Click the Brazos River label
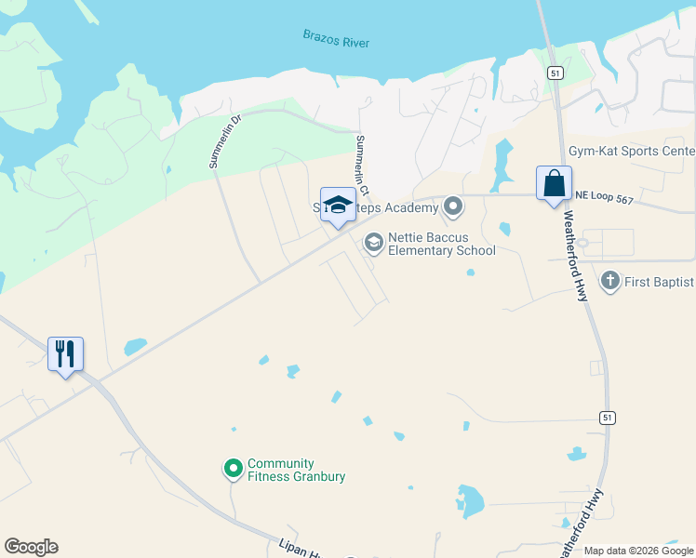[336, 39]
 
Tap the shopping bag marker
[554, 182]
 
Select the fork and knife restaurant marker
[65, 353]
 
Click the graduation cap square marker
[337, 205]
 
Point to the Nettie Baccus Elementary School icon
[374, 244]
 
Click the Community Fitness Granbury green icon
[234, 469]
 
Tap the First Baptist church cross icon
[610, 280]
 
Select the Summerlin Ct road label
[362, 166]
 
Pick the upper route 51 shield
[554, 73]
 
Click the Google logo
[31, 547]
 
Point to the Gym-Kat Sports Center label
[632, 152]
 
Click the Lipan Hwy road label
[300, 549]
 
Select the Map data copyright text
[638, 551]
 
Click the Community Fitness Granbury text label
[296, 471]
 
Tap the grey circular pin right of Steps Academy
[453, 206]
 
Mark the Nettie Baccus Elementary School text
[441, 244]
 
